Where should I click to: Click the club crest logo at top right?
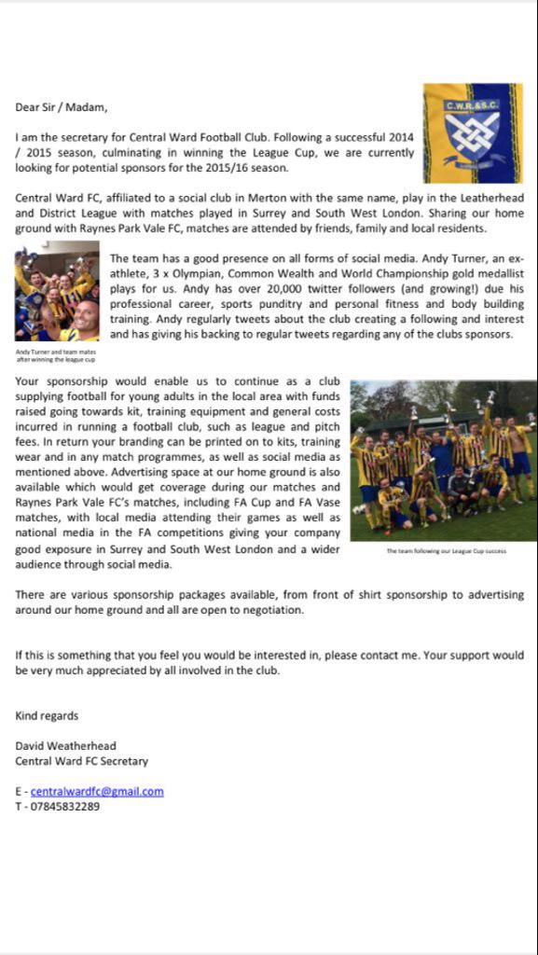472,132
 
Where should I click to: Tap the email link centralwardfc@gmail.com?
97,791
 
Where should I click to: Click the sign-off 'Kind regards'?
47,716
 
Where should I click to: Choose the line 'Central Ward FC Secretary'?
81,761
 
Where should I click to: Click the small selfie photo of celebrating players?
57,295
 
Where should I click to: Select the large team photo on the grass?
443,461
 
